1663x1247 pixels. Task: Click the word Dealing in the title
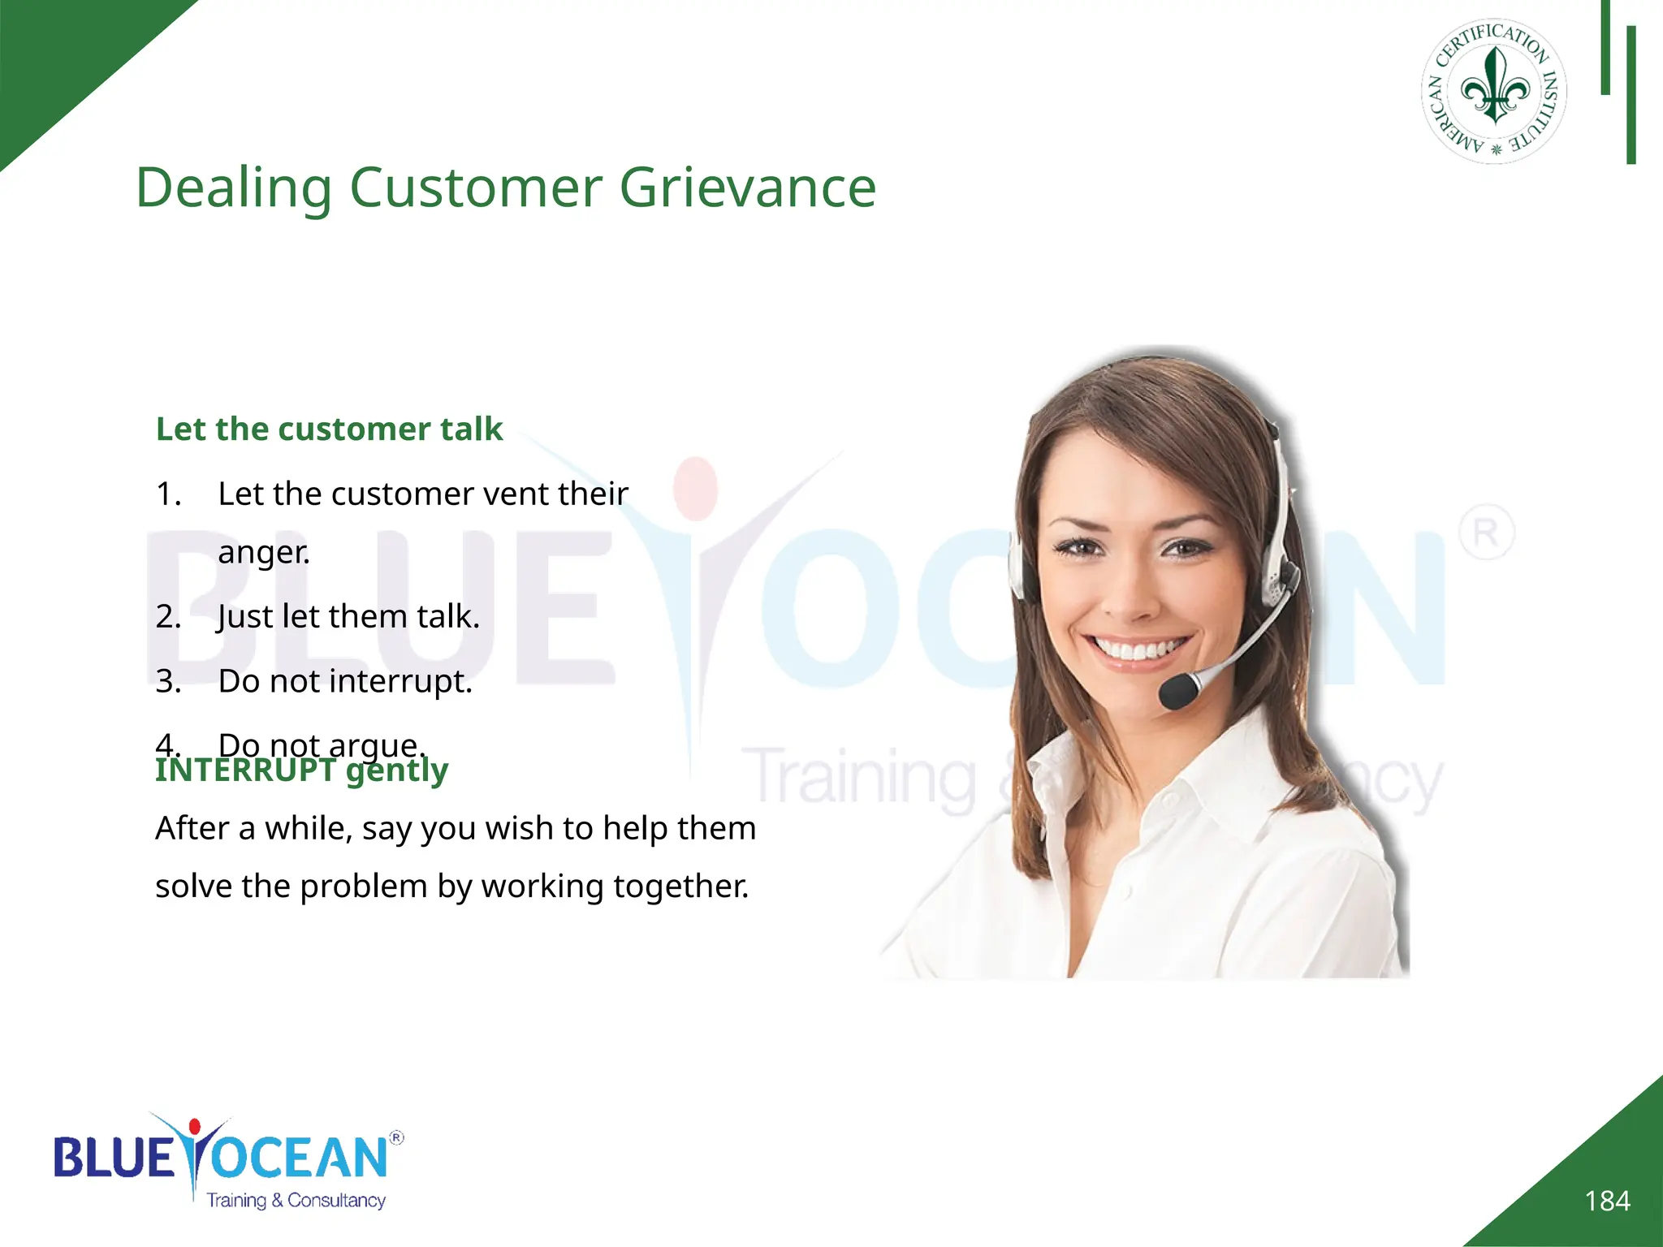tap(233, 188)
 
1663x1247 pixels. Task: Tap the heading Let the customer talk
tap(329, 429)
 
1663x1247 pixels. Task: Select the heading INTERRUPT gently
tap(301, 770)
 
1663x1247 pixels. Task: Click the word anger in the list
tap(263, 553)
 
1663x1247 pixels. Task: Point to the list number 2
tap(168, 617)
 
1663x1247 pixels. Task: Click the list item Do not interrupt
tap(344, 681)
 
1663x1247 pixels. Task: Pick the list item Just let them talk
tap(348, 617)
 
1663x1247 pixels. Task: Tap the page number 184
tap(1607, 1201)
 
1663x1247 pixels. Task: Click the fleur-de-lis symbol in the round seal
tap(1494, 86)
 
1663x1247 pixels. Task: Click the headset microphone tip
tap(1177, 692)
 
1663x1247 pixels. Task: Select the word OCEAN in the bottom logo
tap(300, 1157)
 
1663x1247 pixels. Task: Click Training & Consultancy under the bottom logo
tap(296, 1201)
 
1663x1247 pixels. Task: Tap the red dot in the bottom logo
tap(194, 1127)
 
